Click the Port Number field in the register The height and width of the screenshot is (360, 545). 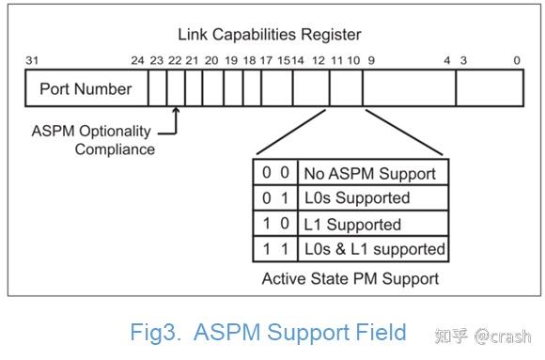[85, 90]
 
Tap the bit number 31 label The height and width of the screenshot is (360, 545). [32, 61]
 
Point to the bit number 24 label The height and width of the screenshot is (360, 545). [138, 61]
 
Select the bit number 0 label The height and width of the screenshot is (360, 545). [517, 61]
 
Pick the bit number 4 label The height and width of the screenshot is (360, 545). [447, 61]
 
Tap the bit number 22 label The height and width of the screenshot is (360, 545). [175, 61]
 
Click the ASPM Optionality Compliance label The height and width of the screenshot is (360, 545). [94, 139]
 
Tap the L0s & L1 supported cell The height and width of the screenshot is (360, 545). [373, 250]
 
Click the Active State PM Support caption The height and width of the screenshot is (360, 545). [350, 278]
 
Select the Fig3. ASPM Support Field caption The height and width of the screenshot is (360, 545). [269, 332]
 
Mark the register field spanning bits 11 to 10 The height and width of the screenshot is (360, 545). [348, 90]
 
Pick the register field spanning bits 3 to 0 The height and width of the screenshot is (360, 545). [489, 90]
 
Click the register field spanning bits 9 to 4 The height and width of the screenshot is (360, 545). [409, 90]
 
